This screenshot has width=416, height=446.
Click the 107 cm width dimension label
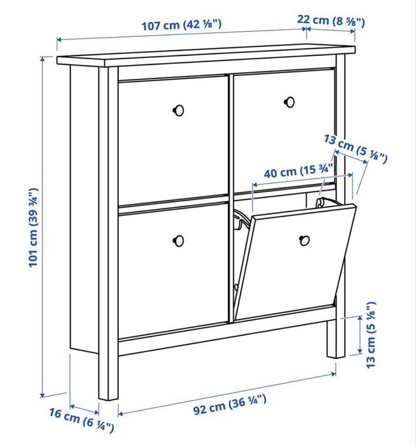[182, 26]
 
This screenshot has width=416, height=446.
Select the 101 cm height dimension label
[34, 226]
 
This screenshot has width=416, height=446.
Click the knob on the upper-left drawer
[178, 110]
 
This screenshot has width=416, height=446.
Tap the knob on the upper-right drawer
[290, 101]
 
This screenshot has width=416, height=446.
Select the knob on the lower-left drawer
[178, 240]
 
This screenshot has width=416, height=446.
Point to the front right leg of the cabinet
[335, 338]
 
